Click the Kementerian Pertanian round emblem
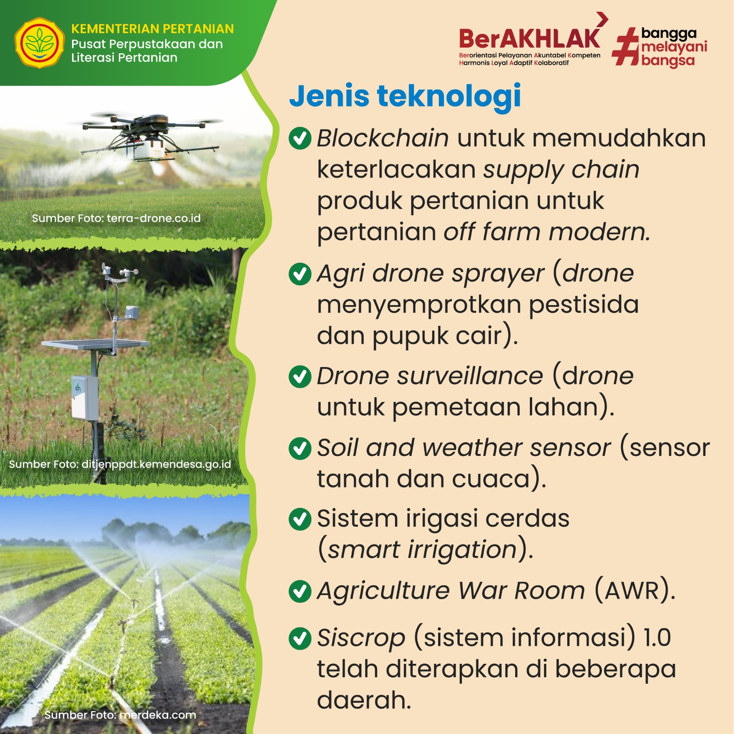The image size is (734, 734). coord(39,43)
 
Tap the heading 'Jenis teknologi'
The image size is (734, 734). coord(405,97)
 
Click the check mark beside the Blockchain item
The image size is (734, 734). coord(300,138)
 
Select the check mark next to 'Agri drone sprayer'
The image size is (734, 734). coord(300,273)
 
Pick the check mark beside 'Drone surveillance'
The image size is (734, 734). coord(300,376)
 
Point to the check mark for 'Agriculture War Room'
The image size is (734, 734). coord(300,591)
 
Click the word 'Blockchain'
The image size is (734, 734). coord(383,138)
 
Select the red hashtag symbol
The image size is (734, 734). coord(626,46)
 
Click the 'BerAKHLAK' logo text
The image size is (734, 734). coord(529,39)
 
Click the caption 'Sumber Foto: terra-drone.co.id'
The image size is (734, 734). coord(116,218)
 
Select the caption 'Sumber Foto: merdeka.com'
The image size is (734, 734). coord(120,715)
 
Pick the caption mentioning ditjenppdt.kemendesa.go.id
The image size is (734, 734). coord(120,465)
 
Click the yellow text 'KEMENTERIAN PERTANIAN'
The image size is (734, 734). coord(152,29)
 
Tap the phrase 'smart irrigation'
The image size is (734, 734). coord(422,550)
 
